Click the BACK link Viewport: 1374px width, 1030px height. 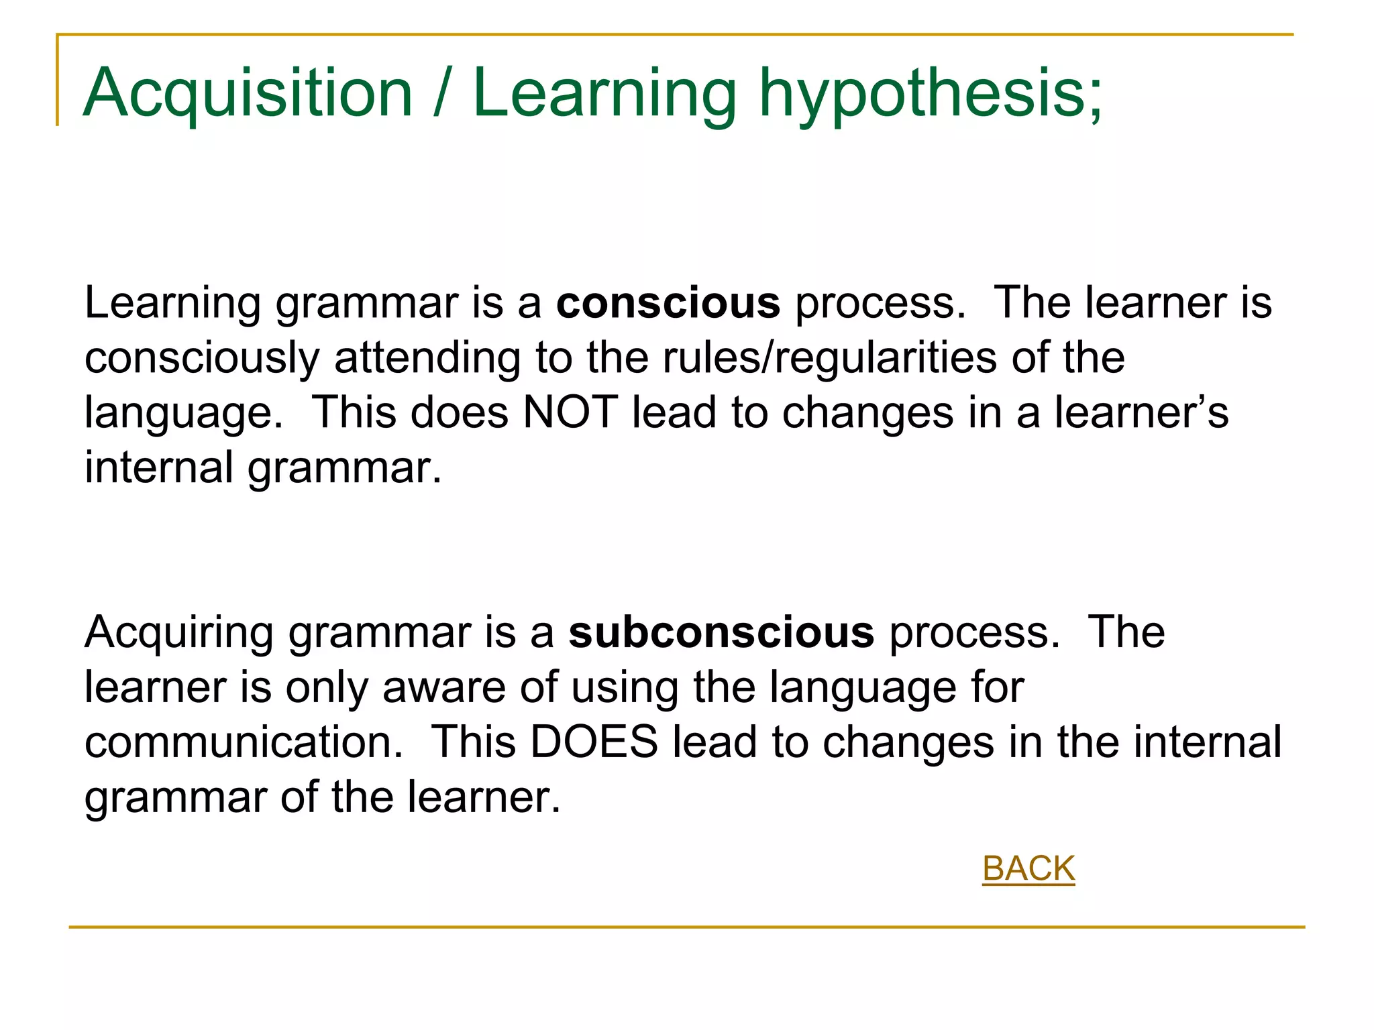coord(1028,868)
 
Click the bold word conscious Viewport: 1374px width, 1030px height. coord(668,303)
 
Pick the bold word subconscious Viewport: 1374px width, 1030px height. coord(721,632)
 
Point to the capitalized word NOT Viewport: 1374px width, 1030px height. coord(570,412)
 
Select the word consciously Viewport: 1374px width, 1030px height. coord(202,358)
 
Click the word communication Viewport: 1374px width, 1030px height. coord(244,742)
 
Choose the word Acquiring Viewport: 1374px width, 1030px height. coord(179,634)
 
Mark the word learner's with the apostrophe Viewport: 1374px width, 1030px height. coord(1141,412)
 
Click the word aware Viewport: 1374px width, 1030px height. coord(443,687)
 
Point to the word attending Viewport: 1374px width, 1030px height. coord(427,358)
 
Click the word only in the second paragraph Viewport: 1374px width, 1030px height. coord(327,688)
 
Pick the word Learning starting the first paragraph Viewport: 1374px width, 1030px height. coord(172,304)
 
